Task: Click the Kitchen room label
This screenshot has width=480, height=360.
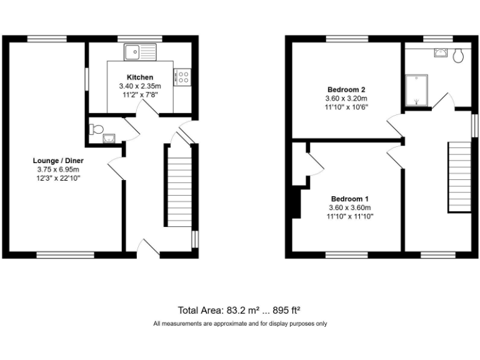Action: tap(140, 77)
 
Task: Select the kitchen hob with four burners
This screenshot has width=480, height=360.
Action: tap(184, 77)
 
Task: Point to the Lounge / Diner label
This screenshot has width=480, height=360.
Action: tap(58, 161)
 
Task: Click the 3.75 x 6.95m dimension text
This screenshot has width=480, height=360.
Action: tap(58, 169)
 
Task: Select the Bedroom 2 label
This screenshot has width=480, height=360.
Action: tap(346, 89)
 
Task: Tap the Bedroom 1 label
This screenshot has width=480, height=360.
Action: tap(346, 199)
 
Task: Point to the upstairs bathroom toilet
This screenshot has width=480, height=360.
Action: tap(459, 56)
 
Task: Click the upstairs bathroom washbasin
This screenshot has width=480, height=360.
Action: tap(441, 52)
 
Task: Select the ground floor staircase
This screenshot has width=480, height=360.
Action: tap(179, 187)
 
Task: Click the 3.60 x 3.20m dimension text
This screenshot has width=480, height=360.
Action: tap(346, 98)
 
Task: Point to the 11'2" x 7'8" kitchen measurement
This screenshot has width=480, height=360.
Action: tap(140, 94)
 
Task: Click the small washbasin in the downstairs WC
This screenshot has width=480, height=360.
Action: tap(110, 139)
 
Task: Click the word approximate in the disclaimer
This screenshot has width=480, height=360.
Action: tap(224, 324)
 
